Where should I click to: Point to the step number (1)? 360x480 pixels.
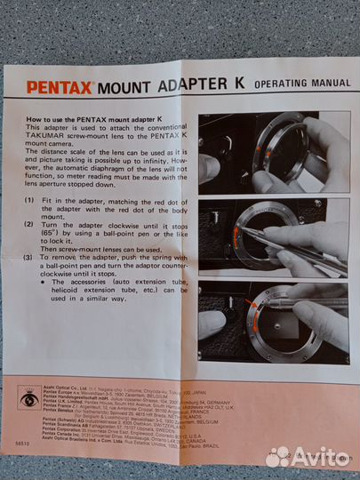point(31,204)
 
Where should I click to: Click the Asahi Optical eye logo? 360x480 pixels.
point(29,398)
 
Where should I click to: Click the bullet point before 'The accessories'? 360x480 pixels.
point(46,285)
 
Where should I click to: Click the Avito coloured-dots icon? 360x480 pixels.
point(278,456)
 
